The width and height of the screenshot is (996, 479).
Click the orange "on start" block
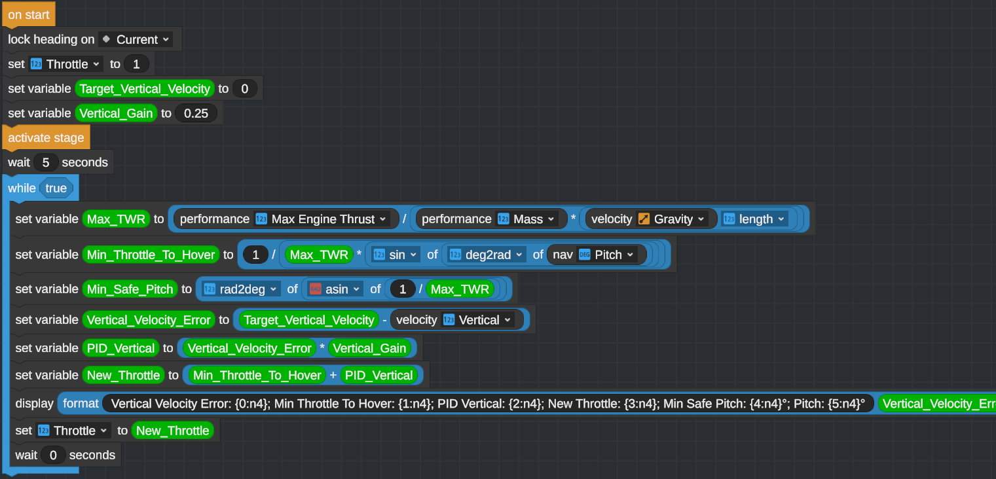28,14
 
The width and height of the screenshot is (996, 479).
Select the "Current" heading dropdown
137,39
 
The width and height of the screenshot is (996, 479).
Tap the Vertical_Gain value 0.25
196,113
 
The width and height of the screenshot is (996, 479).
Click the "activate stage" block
46,137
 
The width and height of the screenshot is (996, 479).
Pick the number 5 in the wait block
45,162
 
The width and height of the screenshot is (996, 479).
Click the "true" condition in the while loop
56,188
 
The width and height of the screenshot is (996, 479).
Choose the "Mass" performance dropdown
527,219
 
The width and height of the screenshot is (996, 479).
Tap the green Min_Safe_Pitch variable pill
130,289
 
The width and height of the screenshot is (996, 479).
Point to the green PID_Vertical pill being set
120,348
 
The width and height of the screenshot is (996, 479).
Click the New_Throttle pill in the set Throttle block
172,431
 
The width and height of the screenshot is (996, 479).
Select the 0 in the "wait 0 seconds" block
52,455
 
